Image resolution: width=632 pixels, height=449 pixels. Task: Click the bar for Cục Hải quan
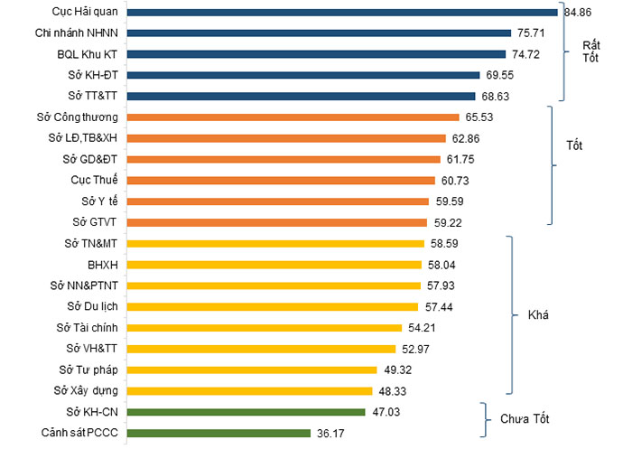click(x=342, y=12)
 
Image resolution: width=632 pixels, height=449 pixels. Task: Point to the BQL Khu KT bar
click(x=316, y=54)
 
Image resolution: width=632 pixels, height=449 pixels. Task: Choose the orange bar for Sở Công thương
click(x=293, y=117)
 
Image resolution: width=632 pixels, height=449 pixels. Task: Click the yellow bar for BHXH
click(x=274, y=265)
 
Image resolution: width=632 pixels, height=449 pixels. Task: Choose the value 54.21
click(x=425, y=328)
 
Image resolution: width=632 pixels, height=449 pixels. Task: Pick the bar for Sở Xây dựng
click(x=249, y=391)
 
